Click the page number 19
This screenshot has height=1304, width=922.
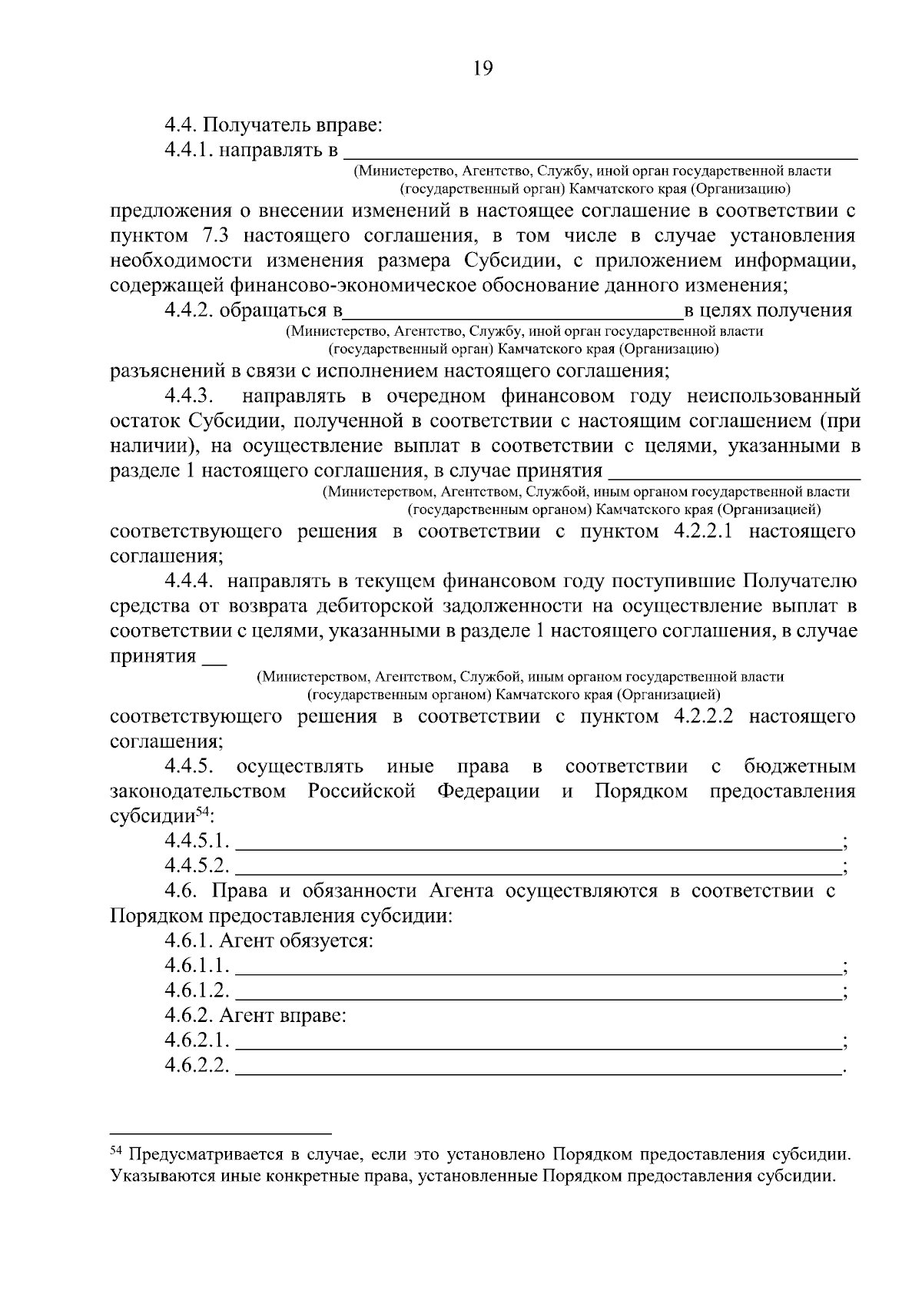(x=483, y=69)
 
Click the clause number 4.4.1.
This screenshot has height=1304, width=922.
(x=189, y=148)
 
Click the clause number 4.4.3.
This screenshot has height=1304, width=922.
(x=191, y=397)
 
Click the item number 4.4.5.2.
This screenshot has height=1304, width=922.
(x=197, y=866)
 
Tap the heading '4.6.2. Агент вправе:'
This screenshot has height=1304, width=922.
(x=256, y=1017)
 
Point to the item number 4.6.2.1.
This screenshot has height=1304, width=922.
(x=197, y=1041)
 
